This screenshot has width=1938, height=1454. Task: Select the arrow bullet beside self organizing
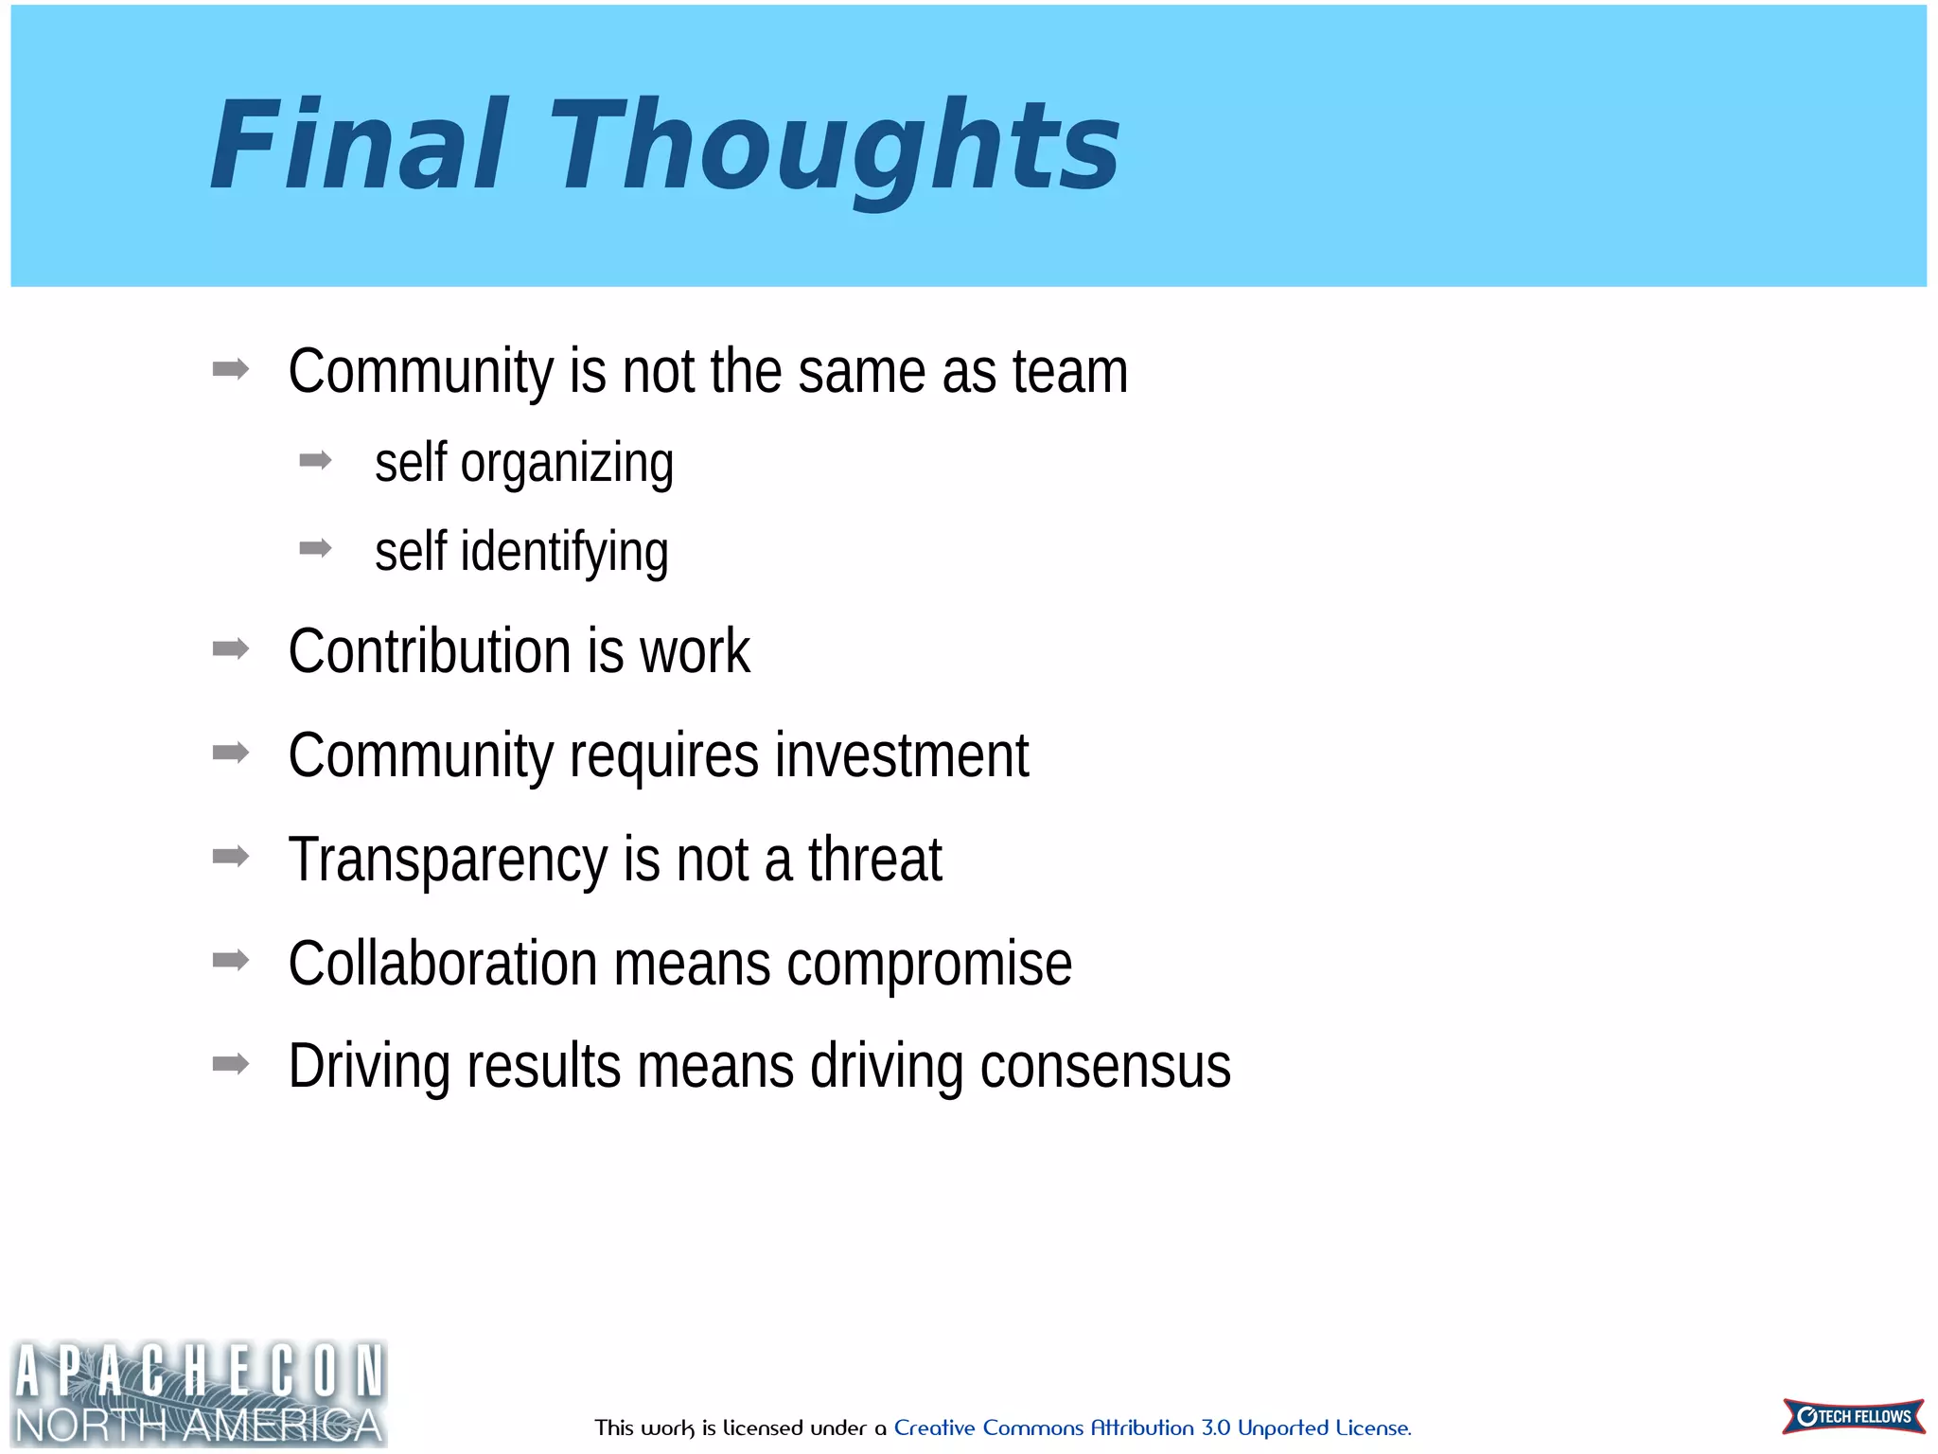315,461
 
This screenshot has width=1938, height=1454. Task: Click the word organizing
567,464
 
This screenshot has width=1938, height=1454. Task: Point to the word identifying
564,553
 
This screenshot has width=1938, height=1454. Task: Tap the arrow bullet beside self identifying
315,548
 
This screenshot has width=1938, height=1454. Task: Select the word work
695,651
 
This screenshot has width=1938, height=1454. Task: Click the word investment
901,755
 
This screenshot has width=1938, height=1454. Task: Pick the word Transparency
447,861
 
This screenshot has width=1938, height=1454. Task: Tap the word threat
874,860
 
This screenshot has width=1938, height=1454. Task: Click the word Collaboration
442,964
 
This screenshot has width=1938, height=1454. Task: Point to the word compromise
929,966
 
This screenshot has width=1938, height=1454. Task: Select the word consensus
1105,1067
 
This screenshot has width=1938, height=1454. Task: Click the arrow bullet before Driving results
231,1064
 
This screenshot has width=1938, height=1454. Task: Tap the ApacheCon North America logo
199,1392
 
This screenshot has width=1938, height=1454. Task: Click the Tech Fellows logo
1853,1416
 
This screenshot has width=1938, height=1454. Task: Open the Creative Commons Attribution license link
1152,1427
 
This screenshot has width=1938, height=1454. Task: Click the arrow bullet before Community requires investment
231,753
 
